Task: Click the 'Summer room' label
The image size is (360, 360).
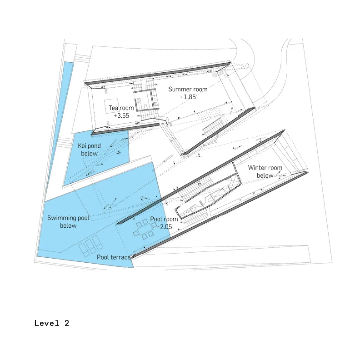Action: click(188, 89)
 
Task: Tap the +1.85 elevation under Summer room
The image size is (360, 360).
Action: click(188, 97)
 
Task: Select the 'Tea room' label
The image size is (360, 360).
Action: click(121, 108)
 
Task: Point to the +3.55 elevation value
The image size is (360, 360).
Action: click(121, 116)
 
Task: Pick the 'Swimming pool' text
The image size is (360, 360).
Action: click(68, 218)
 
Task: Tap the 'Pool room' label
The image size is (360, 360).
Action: click(164, 219)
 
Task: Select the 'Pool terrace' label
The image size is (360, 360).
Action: click(114, 257)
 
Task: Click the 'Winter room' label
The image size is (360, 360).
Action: click(265, 168)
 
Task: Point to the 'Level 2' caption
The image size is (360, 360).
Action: click(52, 323)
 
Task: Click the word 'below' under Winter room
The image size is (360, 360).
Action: click(265, 175)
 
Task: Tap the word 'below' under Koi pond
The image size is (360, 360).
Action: click(90, 154)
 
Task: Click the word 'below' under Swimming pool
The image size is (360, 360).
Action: click(68, 226)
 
